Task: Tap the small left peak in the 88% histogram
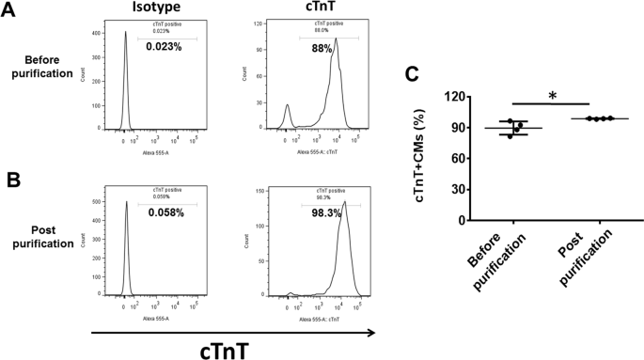[x=288, y=106]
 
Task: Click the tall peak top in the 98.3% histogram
[x=345, y=201]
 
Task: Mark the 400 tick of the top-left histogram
[x=98, y=33]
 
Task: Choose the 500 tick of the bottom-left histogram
[x=98, y=201]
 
